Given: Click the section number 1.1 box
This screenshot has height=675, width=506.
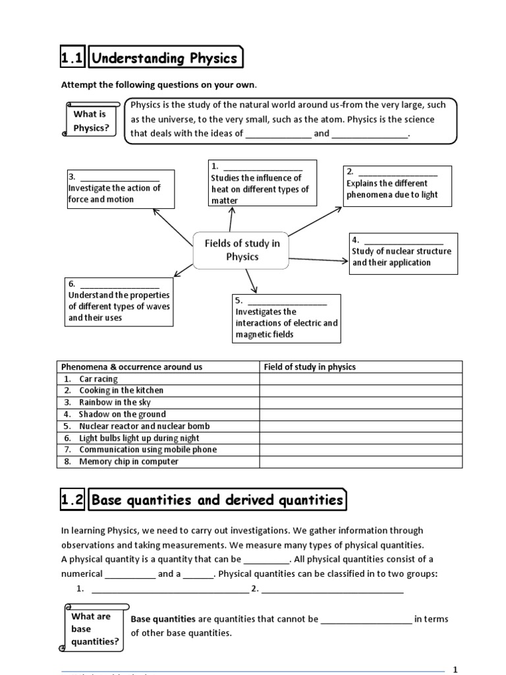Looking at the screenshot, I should tap(72, 59).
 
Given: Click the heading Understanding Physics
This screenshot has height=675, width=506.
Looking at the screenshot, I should tap(165, 59).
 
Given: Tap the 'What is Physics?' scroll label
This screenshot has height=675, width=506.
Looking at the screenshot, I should tap(91, 121).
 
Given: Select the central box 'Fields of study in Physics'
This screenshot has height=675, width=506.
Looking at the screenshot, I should tap(242, 250).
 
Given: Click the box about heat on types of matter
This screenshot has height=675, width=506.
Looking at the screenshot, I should tap(262, 183).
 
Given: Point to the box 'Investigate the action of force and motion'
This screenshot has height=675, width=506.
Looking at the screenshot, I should tap(120, 189).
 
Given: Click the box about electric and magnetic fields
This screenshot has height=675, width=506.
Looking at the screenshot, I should tap(287, 318).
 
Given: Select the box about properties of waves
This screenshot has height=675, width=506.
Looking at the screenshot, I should tap(119, 301).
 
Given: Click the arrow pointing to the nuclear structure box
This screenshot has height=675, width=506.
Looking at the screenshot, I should tap(319, 260).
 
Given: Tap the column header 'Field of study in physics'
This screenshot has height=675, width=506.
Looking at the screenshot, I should tap(310, 367).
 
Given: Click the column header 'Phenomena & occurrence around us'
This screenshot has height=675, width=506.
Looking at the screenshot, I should tap(132, 367).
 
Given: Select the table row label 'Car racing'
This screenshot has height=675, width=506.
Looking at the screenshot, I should tap(98, 379).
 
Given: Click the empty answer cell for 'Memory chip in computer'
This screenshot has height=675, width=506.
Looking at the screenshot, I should tap(360, 461).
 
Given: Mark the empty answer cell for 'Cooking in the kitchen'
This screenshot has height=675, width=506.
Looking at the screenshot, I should tap(360, 390).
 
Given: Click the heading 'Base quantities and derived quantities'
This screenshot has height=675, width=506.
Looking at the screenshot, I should tap(217, 500).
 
